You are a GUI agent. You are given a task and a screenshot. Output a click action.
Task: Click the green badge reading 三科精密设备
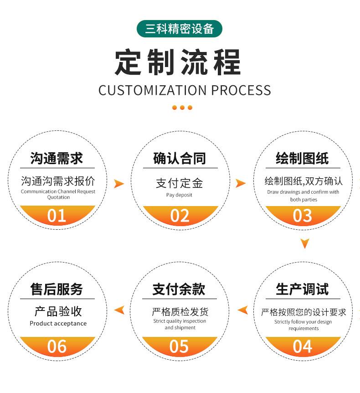[180, 29]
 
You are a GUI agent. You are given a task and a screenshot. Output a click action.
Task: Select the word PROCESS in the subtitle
[241, 90]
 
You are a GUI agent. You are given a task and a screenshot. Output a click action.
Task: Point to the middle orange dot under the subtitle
[182, 108]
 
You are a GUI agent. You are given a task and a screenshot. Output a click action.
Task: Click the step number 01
[57, 216]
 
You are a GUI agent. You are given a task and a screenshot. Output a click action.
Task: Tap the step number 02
[180, 216]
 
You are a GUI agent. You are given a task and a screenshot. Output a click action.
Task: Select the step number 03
[303, 216]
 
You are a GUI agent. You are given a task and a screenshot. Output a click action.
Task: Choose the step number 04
[303, 346]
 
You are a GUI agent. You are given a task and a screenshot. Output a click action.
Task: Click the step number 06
[57, 346]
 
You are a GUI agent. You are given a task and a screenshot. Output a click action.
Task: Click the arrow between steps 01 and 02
[118, 184]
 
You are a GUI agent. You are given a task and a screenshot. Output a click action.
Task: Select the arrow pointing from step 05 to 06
[119, 310]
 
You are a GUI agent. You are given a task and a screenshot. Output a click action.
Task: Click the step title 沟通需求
[57, 159]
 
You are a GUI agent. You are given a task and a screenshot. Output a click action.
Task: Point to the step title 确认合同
[180, 159]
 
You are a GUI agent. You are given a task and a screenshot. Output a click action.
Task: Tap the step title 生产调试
[302, 289]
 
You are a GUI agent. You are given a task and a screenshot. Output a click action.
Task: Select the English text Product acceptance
[58, 324]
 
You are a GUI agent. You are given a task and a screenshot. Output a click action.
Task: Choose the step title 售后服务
[57, 289]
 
